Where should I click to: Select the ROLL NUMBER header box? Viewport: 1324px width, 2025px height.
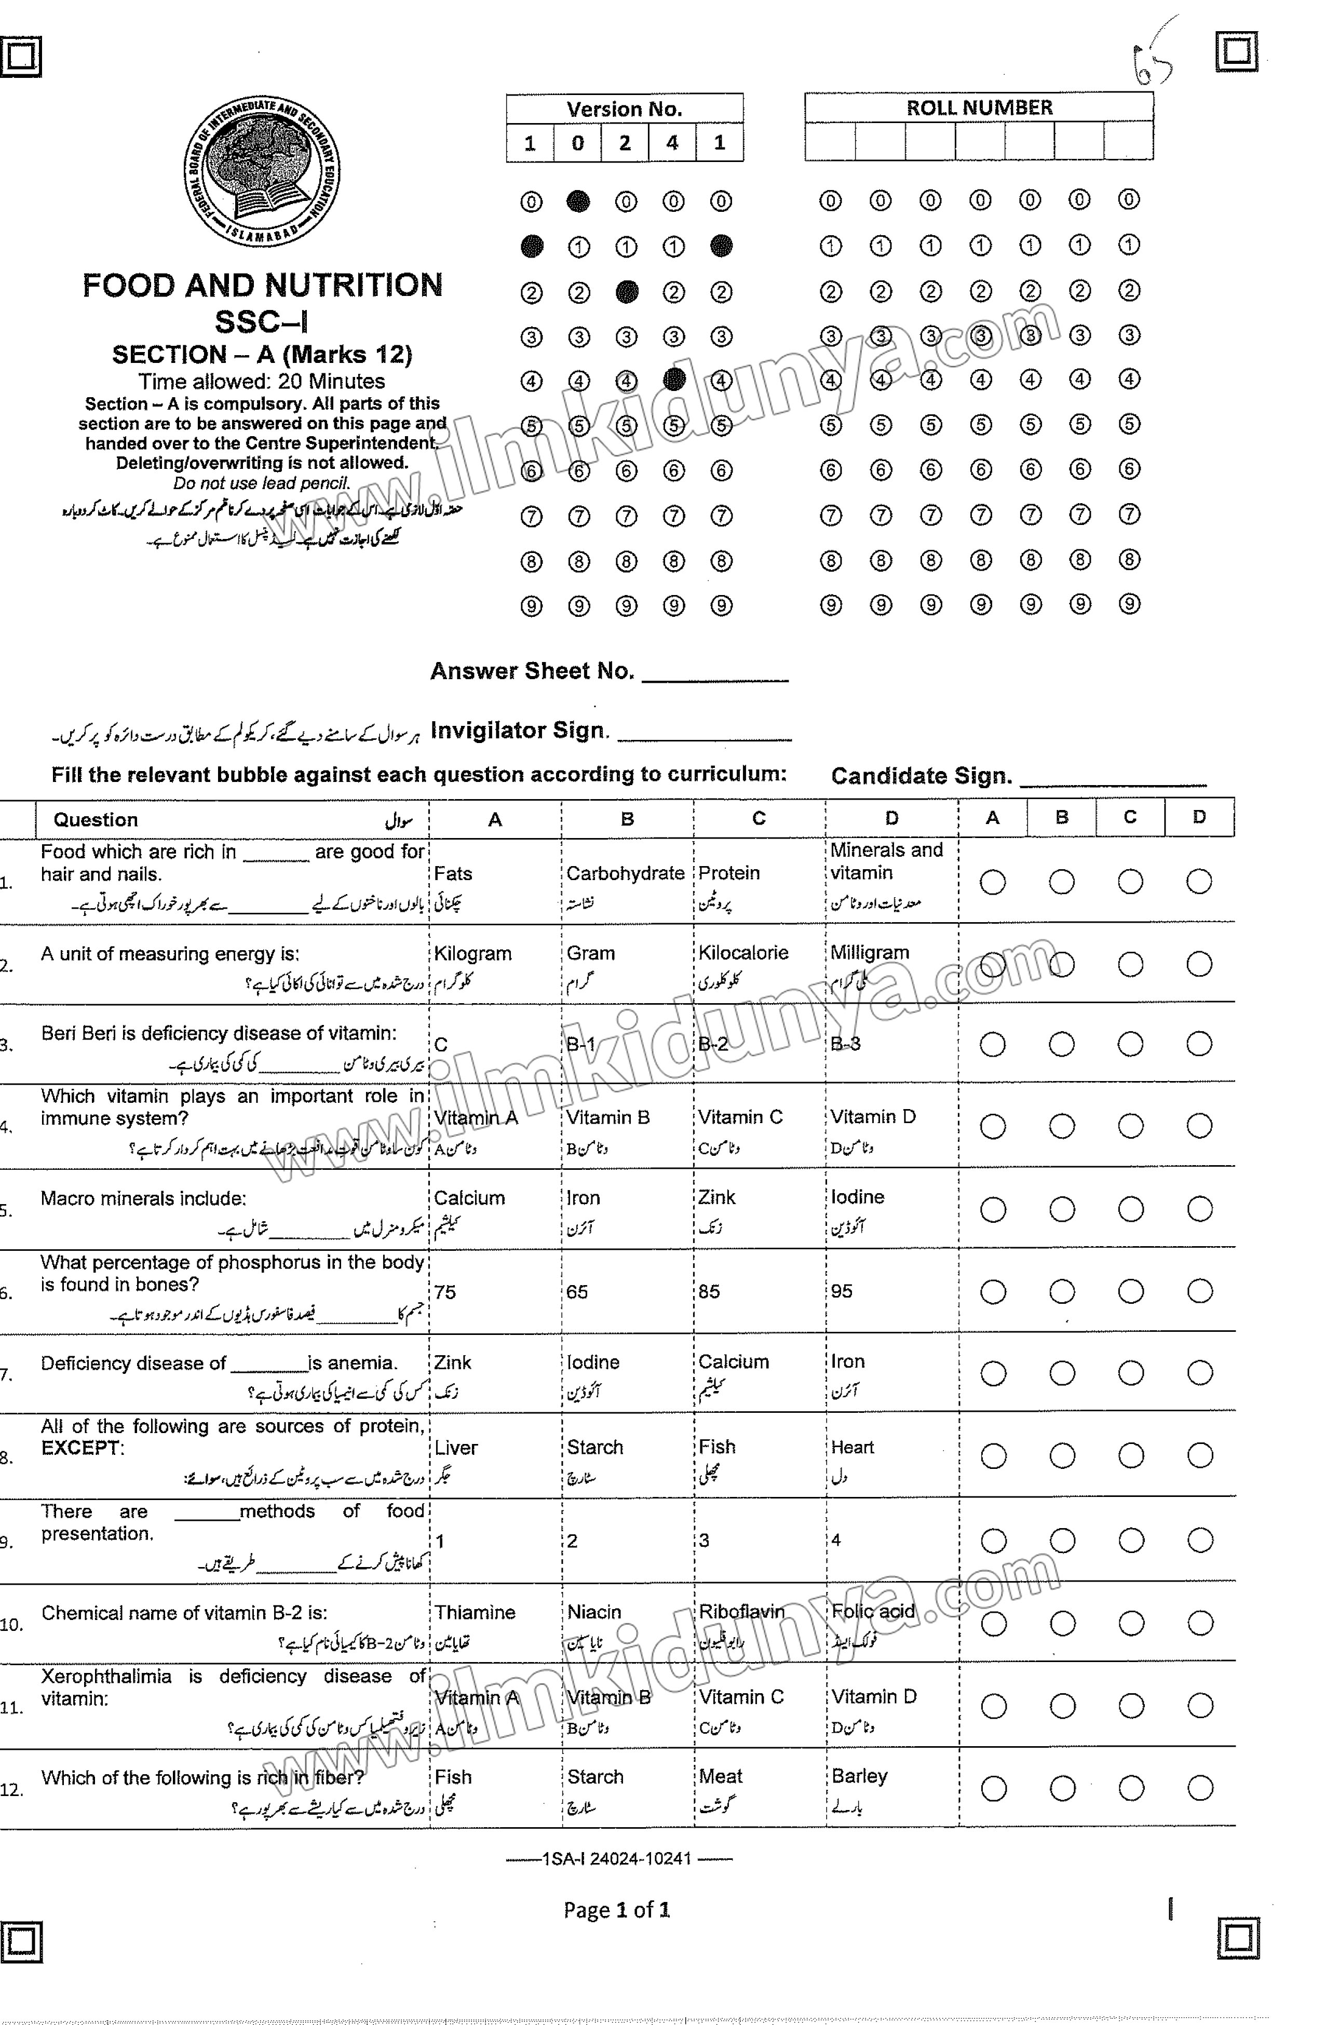(979, 107)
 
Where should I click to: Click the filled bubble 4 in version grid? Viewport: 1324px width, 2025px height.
(673, 380)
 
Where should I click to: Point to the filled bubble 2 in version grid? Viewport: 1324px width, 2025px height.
(626, 292)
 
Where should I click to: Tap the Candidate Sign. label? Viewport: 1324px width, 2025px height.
(921, 776)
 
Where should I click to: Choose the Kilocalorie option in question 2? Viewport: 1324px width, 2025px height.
(743, 953)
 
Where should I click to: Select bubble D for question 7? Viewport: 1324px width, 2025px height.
(1199, 1373)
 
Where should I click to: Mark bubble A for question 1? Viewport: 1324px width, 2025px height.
(992, 882)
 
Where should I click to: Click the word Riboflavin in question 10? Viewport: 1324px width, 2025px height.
(741, 1612)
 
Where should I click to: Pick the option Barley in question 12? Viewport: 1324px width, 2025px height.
(859, 1777)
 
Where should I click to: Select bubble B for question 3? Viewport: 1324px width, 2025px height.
(1061, 1044)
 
